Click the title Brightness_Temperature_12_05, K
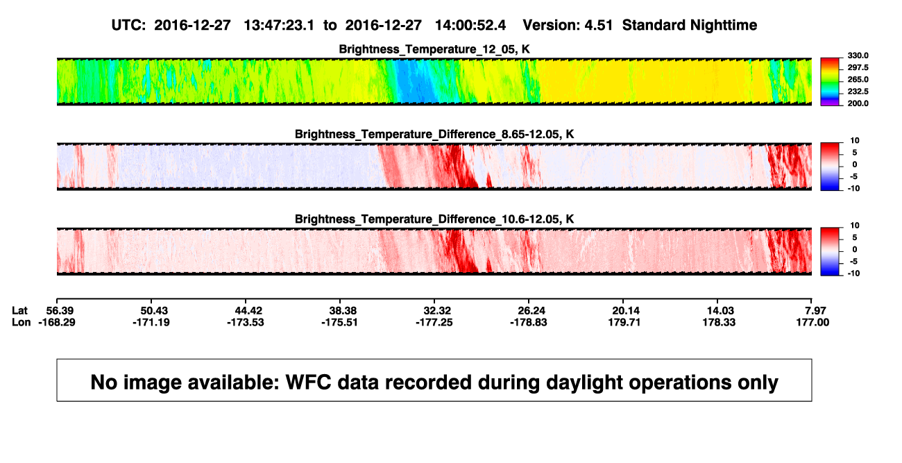(434, 49)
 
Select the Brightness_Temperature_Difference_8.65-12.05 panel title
(434, 134)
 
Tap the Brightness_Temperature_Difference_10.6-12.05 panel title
(434, 219)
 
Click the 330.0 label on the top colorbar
(858, 56)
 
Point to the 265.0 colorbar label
(858, 79)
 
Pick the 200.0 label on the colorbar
(858, 103)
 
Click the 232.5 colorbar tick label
(858, 92)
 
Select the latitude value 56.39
(60, 311)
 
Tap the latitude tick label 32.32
(437, 311)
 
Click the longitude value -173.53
(245, 322)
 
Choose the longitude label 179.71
(624, 322)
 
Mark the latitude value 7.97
(815, 311)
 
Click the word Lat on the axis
(19, 311)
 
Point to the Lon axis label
(21, 322)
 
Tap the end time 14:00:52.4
(470, 25)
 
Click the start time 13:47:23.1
(279, 25)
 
